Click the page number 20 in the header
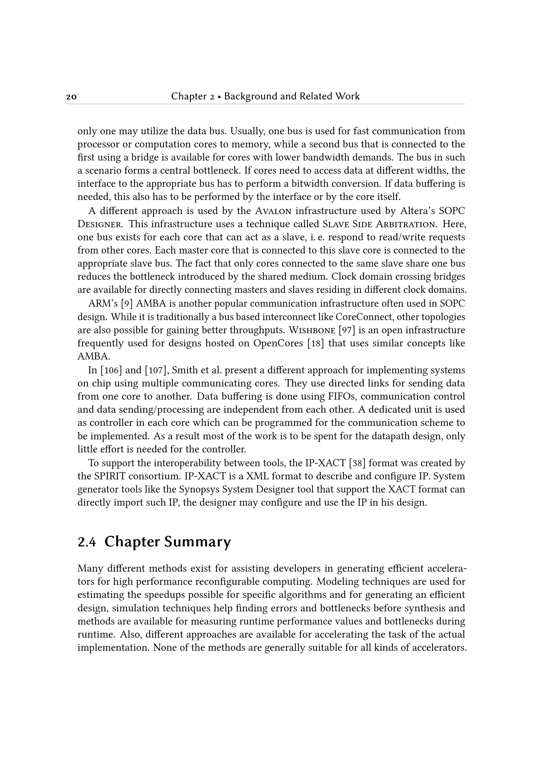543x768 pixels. point(71,97)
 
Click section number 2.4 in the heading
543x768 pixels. point(87,542)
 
